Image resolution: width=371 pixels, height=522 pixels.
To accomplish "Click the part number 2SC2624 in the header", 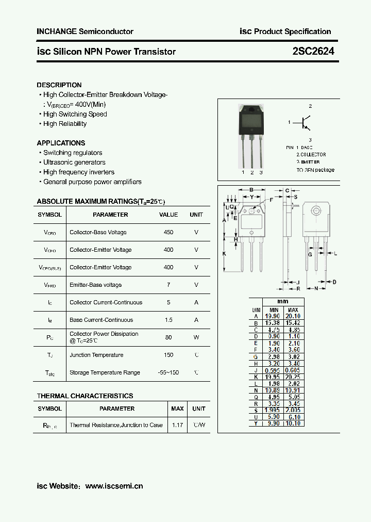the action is point(313,51).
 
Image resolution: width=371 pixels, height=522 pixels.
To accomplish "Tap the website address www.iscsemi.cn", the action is point(114,486).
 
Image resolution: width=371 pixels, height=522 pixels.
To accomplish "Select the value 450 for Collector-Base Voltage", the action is point(168,232).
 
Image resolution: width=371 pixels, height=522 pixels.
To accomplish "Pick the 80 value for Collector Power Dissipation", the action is point(168,337).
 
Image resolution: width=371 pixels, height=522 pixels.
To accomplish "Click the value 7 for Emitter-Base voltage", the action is point(168,285).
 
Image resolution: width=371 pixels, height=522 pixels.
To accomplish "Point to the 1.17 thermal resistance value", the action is point(177,425).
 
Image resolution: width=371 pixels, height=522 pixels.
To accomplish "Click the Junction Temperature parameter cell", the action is point(96,355).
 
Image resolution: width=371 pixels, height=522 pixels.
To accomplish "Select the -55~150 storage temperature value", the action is point(168,372).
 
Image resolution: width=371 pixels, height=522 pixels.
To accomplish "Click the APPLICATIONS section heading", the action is point(61,143).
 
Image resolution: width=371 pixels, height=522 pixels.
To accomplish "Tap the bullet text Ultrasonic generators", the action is point(74,162).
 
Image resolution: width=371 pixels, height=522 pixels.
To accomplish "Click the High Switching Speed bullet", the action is point(75,114).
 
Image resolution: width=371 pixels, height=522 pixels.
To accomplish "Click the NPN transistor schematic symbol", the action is point(306,123).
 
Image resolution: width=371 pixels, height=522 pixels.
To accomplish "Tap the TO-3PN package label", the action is point(315,170).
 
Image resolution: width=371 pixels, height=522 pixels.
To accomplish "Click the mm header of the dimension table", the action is point(282,302).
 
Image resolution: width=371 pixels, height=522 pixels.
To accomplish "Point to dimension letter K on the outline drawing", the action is point(225,254).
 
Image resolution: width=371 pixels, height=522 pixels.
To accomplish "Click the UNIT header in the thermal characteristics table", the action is point(198,409).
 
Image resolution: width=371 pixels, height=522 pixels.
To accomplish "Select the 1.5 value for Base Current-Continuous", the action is point(168,320).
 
